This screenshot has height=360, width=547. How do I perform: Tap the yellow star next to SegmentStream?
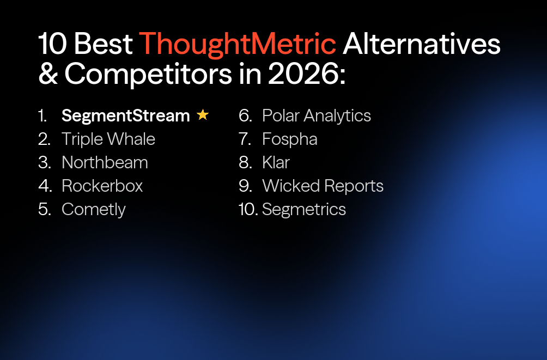pyautogui.click(x=203, y=115)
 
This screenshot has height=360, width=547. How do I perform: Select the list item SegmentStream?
pyautogui.click(x=125, y=115)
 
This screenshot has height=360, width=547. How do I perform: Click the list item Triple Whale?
pyautogui.click(x=108, y=139)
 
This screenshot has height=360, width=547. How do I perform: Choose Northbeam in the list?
pyautogui.click(x=105, y=162)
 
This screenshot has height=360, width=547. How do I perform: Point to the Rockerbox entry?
pyautogui.click(x=102, y=186)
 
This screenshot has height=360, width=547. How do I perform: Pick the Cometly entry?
pyautogui.click(x=94, y=209)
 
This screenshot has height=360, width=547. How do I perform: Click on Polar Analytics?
pyautogui.click(x=317, y=115)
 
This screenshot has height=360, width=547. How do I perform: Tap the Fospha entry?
pyautogui.click(x=289, y=139)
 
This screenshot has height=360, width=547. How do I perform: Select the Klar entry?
pyautogui.click(x=276, y=162)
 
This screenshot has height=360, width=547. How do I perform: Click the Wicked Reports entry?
pyautogui.click(x=323, y=186)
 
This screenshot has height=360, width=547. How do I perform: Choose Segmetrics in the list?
pyautogui.click(x=304, y=209)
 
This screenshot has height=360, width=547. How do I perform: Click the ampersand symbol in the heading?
pyautogui.click(x=48, y=75)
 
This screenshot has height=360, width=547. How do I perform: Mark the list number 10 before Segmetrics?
pyautogui.click(x=248, y=209)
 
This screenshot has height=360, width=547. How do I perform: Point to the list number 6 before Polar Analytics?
pyautogui.click(x=245, y=115)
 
